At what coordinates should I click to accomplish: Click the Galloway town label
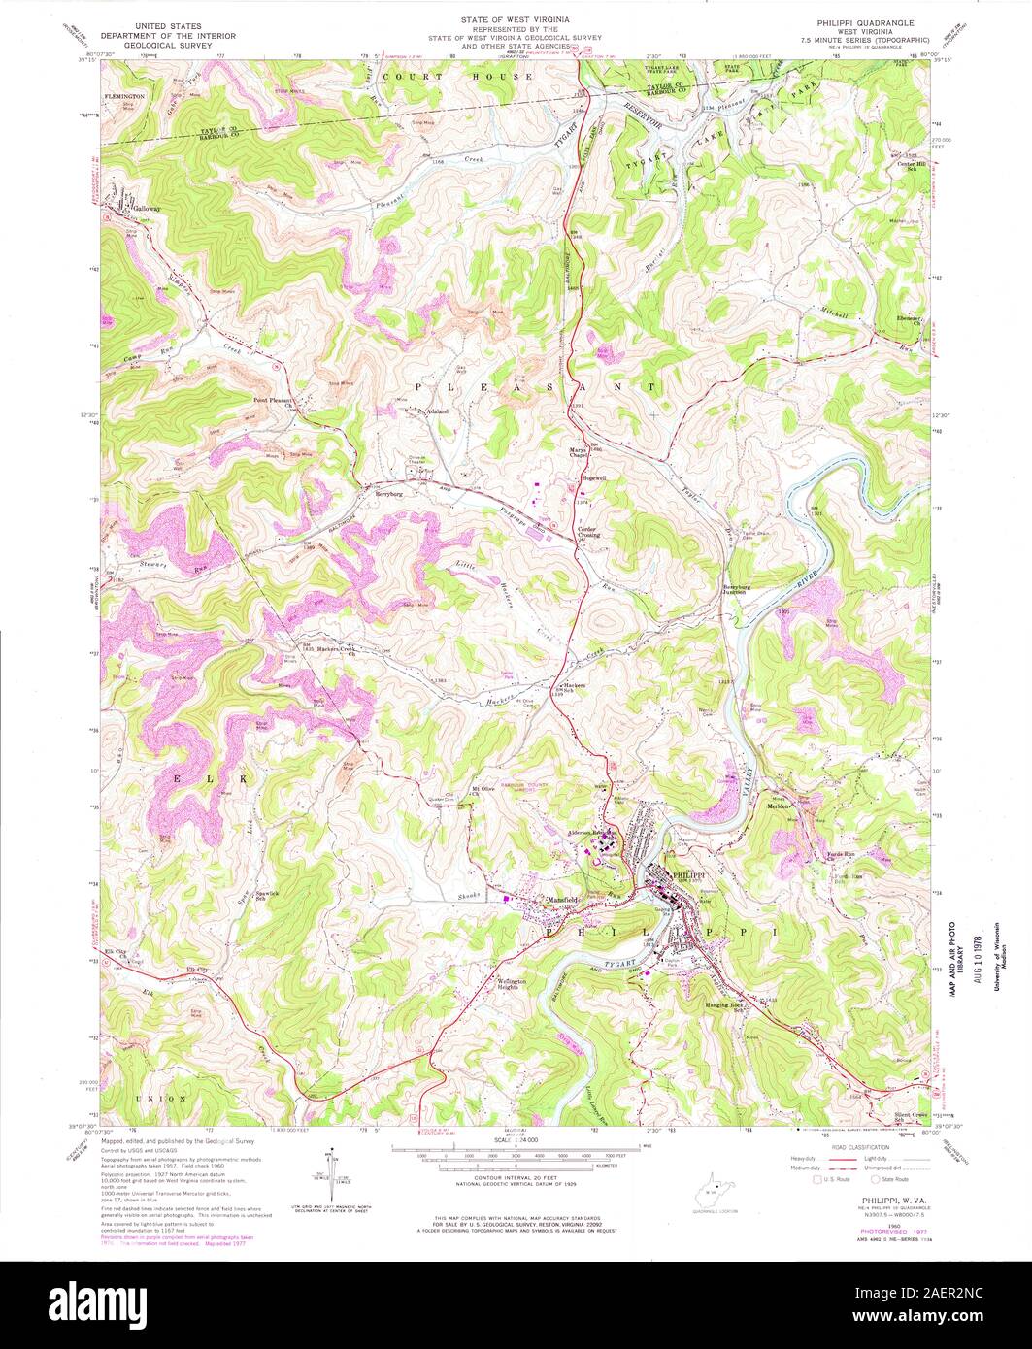point(147,209)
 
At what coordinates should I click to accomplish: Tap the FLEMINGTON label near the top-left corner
point(125,97)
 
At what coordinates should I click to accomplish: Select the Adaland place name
point(432,411)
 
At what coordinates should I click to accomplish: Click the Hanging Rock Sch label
point(723,1006)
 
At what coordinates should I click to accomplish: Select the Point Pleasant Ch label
point(274,399)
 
